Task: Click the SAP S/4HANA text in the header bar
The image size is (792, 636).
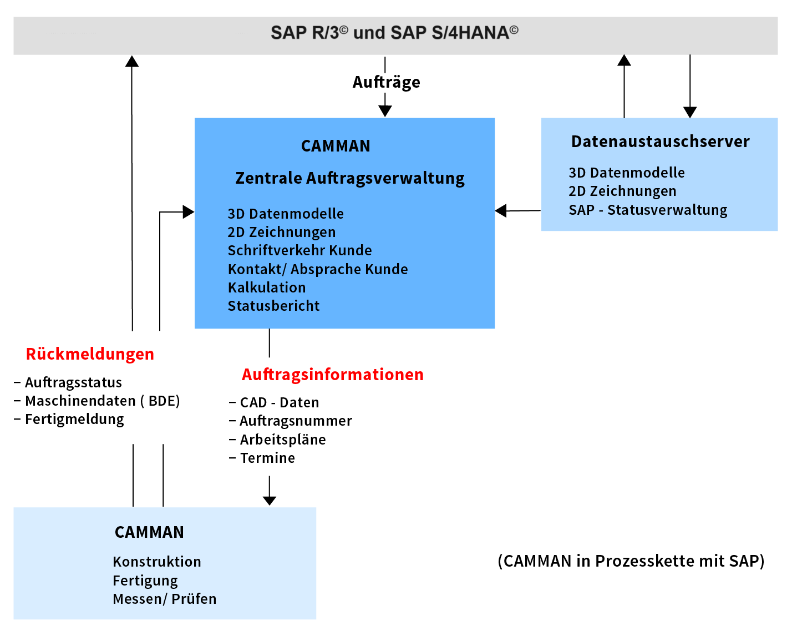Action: pos(455,32)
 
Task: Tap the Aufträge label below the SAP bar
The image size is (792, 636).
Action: pos(386,82)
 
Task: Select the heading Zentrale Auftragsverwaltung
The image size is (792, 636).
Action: pos(349,178)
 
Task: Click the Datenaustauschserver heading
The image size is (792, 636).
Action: pos(660,142)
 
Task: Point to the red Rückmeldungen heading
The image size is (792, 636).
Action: pos(90,354)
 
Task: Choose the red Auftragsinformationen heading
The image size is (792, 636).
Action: pos(332,375)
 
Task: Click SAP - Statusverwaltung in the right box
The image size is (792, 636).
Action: pos(648,210)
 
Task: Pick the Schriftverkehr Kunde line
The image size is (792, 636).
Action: pos(299,250)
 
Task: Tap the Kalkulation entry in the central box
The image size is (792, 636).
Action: pos(267,287)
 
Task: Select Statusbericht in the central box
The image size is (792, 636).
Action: pos(273,306)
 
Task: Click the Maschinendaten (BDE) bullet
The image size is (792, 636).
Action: pos(97,401)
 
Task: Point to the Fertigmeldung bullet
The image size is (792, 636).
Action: pos(69,420)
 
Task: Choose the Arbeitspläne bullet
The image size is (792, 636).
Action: pos(277,440)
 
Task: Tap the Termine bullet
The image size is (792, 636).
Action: pos(262,458)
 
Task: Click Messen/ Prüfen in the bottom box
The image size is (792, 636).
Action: pos(165,599)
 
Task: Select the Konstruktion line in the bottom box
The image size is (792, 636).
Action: pos(157,562)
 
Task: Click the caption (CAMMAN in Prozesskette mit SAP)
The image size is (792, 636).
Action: pos(631,561)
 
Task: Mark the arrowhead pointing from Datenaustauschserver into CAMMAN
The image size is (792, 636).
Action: pos(500,211)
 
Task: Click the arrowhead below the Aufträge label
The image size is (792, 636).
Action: pos(385,111)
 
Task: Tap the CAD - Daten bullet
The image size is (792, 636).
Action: pos(274,402)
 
